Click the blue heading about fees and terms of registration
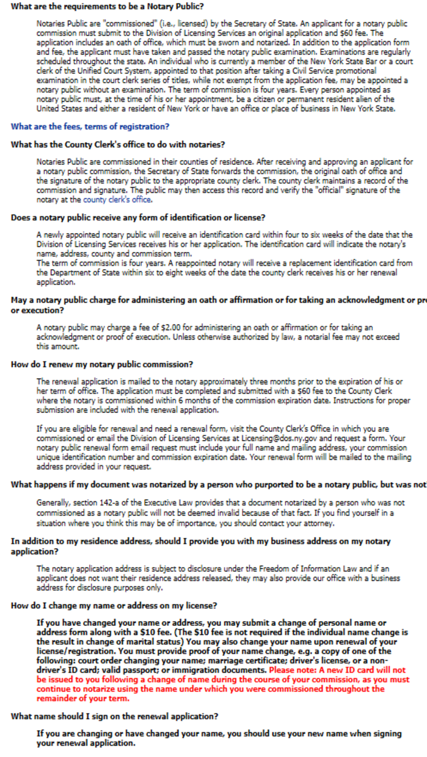pyautogui.click(x=90, y=126)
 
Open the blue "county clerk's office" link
pyautogui.click(x=117, y=199)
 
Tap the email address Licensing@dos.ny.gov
pyautogui.click(x=283, y=438)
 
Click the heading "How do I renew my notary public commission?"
pyautogui.click(x=102, y=364)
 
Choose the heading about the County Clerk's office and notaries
pyautogui.click(x=118, y=144)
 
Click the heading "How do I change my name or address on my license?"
pyautogui.click(x=114, y=605)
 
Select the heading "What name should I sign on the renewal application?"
pyautogui.click(x=114, y=716)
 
